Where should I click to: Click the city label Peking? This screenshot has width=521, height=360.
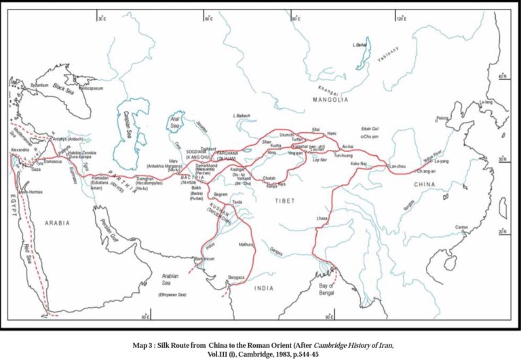click(442, 117)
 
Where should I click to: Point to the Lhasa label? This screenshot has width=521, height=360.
click(322, 218)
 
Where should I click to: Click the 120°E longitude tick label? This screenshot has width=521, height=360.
click(400, 18)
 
